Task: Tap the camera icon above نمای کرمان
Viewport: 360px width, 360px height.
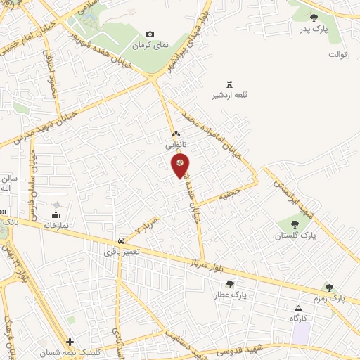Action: [150, 34]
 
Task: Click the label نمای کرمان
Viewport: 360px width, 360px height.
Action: [150, 45]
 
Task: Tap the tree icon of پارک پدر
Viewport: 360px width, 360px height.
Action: [314, 18]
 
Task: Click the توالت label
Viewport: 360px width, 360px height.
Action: [338, 53]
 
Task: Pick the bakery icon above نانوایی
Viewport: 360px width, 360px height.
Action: [176, 134]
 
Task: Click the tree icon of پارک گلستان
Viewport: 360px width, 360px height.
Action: [294, 224]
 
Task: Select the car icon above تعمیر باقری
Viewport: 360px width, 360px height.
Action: [122, 239]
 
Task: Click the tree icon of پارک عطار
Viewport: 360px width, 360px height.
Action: [230, 284]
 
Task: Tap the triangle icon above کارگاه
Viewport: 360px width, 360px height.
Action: [298, 308]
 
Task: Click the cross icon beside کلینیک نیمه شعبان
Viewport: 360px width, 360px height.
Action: [70, 341]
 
